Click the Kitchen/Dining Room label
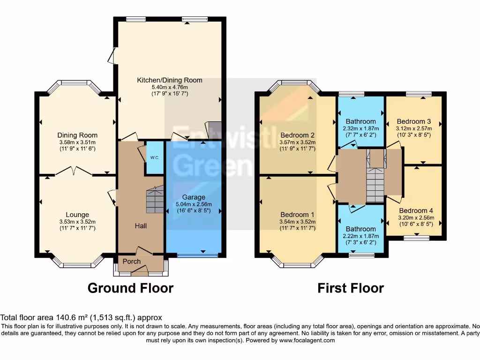170,80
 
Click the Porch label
132,261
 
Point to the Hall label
141,226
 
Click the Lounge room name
77,215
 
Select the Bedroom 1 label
297,215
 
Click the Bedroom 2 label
297,135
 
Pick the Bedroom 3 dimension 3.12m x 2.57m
413,128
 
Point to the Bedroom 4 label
413,210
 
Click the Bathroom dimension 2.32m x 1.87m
360,128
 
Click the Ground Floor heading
130,288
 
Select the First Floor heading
351,288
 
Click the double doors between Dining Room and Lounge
72,172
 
